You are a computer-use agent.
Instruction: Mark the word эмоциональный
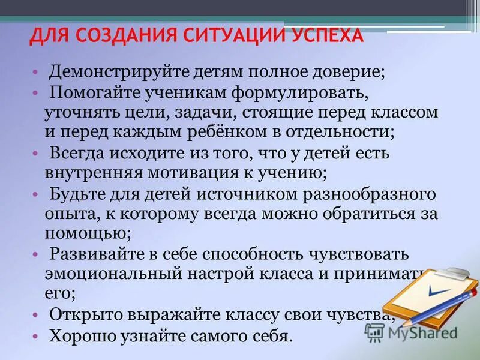[110, 274]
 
